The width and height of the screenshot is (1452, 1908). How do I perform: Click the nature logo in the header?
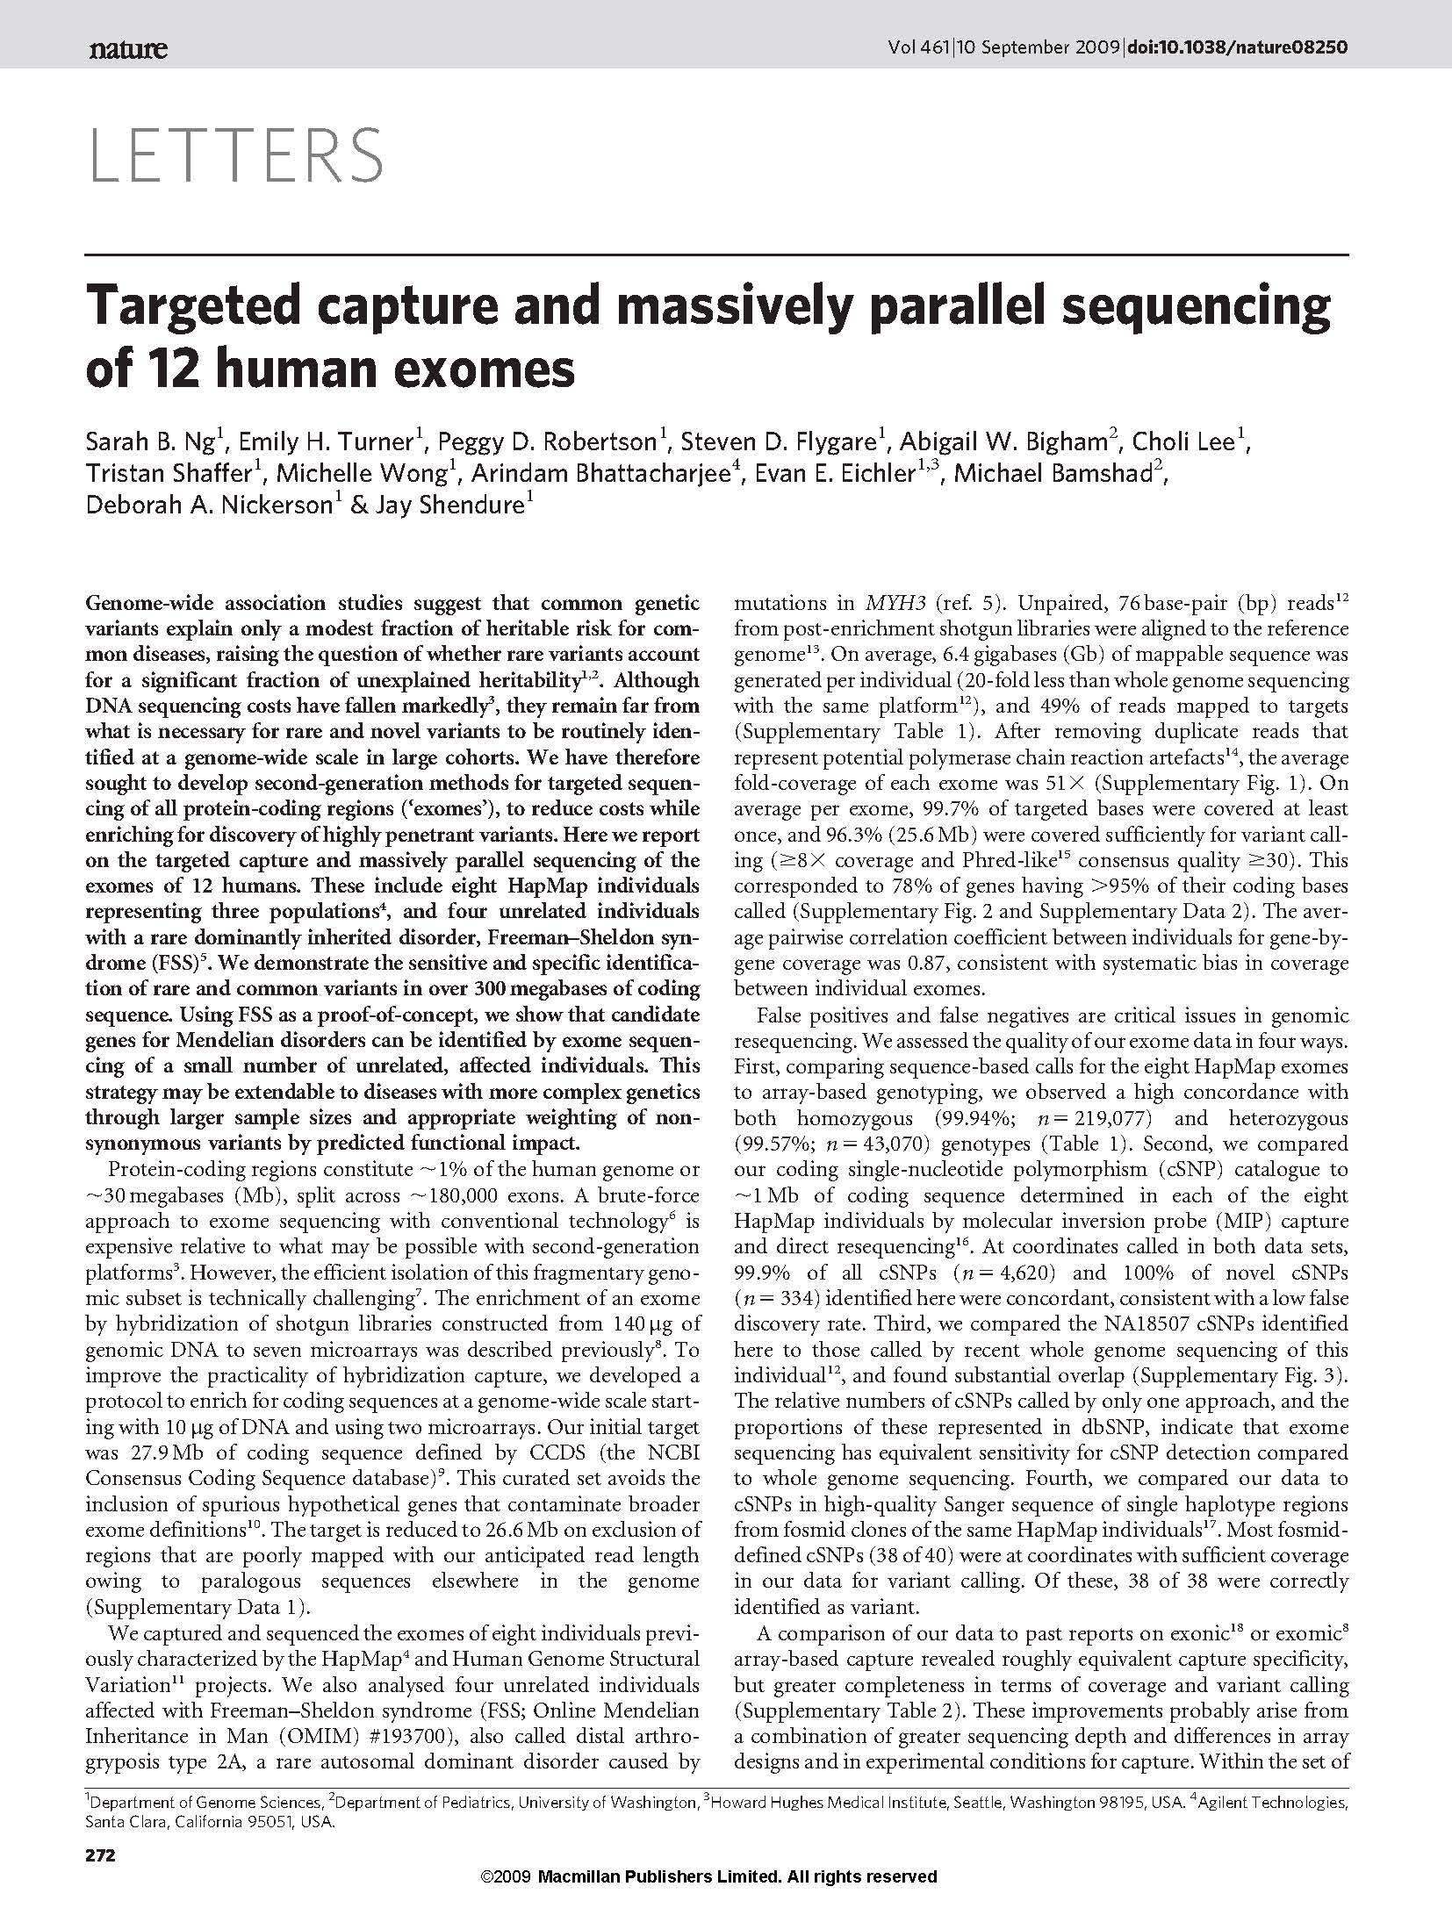pyautogui.click(x=127, y=49)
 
